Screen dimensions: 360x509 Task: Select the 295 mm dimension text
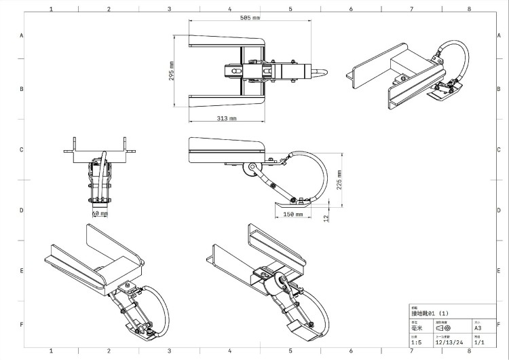(x=172, y=71)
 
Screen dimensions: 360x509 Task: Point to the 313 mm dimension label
(x=227, y=118)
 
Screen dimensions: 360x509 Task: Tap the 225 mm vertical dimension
(x=338, y=179)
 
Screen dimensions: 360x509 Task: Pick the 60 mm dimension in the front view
(x=100, y=213)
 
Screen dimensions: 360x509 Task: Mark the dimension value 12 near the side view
(x=326, y=218)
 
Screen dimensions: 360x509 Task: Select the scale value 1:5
(x=416, y=342)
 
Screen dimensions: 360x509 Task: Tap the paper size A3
(x=478, y=327)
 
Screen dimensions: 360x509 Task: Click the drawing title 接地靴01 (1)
(x=430, y=313)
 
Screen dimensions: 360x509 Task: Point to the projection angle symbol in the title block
(x=443, y=327)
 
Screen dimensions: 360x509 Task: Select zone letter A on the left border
(x=22, y=35)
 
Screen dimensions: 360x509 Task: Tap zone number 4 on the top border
(x=230, y=10)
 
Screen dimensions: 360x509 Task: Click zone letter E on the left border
(x=22, y=270)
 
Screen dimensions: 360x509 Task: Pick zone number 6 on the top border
(x=351, y=10)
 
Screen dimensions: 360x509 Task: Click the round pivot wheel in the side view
(x=252, y=167)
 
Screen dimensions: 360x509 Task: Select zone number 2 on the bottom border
(x=109, y=351)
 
